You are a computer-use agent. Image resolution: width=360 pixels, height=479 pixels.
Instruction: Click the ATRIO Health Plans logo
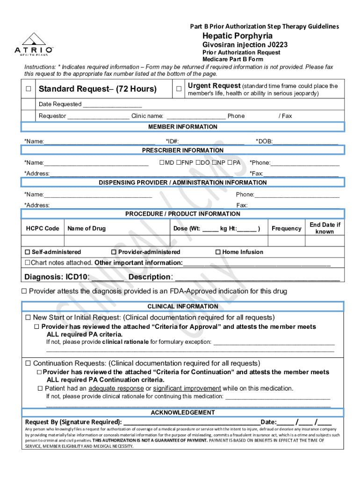33,44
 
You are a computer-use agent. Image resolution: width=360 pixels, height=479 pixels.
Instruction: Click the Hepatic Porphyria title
237,36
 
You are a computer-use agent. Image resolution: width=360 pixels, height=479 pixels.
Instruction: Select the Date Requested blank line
112,104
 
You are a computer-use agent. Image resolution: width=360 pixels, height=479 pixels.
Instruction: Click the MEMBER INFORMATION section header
183,127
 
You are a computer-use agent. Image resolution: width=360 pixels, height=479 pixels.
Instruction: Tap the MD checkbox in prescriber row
162,163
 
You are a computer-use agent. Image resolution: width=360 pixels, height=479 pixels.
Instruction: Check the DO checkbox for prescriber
198,163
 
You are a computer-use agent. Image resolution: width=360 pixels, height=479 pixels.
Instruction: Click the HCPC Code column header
43,228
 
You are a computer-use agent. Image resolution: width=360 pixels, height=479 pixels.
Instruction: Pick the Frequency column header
286,228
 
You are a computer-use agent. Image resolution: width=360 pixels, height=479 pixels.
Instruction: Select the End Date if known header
325,228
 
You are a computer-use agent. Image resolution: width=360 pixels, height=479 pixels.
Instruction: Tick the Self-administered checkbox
28,252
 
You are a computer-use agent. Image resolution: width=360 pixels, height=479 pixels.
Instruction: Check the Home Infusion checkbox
218,252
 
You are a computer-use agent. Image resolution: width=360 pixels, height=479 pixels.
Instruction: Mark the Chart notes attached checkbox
28,263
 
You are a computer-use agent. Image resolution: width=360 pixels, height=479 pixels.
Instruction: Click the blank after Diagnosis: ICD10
108,277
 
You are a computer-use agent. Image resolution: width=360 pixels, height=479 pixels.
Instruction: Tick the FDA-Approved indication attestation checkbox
25,291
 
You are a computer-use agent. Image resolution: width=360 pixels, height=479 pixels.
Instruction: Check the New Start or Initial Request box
28,318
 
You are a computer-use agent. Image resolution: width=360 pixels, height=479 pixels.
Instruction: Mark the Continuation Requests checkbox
28,363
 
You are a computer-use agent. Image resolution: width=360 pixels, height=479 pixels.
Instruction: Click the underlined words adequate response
115,388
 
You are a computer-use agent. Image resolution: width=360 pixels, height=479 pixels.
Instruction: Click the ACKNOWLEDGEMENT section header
183,413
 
